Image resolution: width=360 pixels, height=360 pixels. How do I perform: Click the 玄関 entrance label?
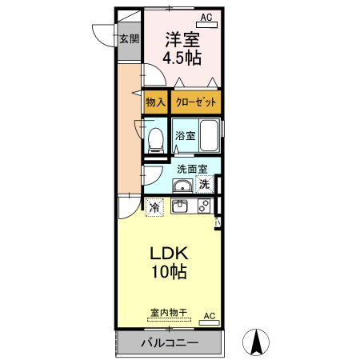(x=130, y=38)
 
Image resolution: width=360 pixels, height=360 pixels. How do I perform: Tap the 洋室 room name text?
(x=183, y=39)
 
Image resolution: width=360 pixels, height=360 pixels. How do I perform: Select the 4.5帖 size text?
(x=183, y=58)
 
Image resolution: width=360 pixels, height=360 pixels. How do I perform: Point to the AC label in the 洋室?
(x=206, y=17)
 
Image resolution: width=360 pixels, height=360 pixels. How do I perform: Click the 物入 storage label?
(x=155, y=102)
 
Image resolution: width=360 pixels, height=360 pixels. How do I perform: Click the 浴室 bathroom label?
(x=185, y=136)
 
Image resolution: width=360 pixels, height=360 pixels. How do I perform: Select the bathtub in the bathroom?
(x=210, y=136)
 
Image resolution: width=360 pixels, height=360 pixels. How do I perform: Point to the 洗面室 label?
(x=192, y=169)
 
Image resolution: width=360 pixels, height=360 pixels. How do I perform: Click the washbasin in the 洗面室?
(x=182, y=186)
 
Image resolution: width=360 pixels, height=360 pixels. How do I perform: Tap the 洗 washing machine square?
(x=205, y=185)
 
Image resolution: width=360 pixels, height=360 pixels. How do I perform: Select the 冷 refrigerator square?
(x=154, y=207)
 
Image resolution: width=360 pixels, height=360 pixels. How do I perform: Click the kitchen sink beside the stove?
(x=182, y=206)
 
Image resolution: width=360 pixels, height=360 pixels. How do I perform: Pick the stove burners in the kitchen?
(x=203, y=206)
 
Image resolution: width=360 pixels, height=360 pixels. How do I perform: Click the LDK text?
(x=169, y=253)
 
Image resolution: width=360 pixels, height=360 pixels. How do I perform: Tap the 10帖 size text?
(x=169, y=272)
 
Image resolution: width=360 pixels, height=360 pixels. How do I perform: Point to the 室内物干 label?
(x=168, y=313)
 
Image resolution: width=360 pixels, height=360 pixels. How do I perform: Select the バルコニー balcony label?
(x=169, y=342)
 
